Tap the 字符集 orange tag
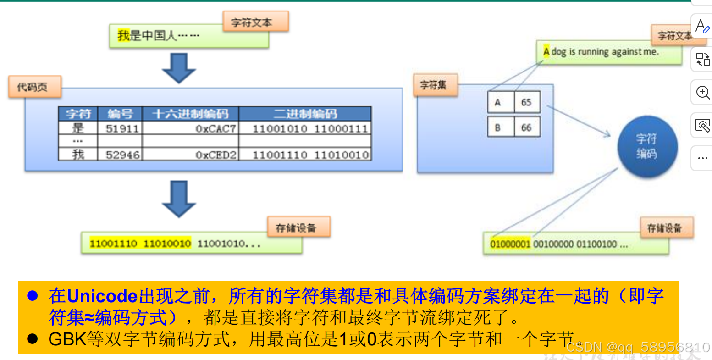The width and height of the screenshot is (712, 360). tap(435, 85)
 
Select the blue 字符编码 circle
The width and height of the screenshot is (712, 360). tap(647, 146)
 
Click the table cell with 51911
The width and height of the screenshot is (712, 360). tap(122, 128)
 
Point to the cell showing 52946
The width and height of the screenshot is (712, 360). tap(122, 155)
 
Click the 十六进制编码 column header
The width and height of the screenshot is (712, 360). tap(190, 114)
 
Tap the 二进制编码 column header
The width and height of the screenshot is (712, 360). tap(305, 114)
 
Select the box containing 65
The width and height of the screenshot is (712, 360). tap(526, 102)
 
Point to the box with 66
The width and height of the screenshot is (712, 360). tap(526, 127)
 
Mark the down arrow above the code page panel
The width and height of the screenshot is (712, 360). tap(179, 68)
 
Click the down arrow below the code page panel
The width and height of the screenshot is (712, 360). tap(179, 199)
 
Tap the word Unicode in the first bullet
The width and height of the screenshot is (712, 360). tap(102, 296)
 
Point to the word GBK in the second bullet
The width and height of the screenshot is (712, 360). tap(67, 339)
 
